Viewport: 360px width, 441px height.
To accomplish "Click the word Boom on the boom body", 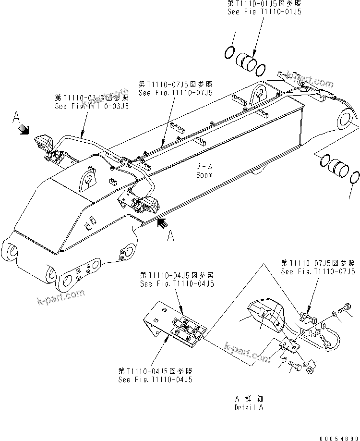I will point(204,175).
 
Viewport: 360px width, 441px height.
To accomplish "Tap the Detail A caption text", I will point(249,407).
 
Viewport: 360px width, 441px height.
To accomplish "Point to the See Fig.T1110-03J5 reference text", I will point(92,107).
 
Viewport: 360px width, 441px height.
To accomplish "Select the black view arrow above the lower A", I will point(163,222).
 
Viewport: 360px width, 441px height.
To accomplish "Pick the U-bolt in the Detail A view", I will point(331,339).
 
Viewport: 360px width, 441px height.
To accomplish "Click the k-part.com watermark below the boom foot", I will point(60,297).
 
